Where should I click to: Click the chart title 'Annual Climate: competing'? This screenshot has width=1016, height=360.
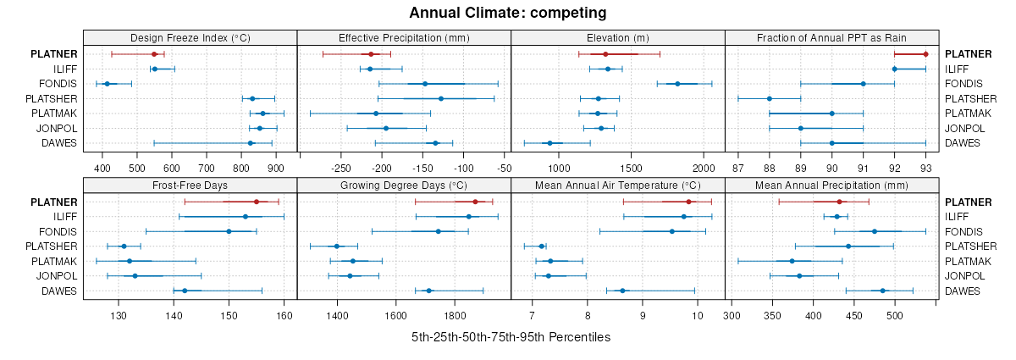507,13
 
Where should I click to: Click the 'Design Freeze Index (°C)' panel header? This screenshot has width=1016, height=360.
190,38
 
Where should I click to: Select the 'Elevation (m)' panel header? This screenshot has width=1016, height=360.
617,38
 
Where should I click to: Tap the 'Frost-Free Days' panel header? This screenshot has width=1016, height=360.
190,186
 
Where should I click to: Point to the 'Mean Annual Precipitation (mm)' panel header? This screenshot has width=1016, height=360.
831,186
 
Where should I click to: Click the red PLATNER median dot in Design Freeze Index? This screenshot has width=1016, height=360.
154,54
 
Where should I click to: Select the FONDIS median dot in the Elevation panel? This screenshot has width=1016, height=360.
677,84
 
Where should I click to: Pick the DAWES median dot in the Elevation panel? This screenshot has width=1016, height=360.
549,143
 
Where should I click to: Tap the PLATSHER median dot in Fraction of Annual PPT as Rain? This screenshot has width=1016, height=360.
770,98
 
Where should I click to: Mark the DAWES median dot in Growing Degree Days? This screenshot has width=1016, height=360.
428,291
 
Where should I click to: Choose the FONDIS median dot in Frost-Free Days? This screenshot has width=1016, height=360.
229,231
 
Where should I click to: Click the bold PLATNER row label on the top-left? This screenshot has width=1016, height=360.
53,54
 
